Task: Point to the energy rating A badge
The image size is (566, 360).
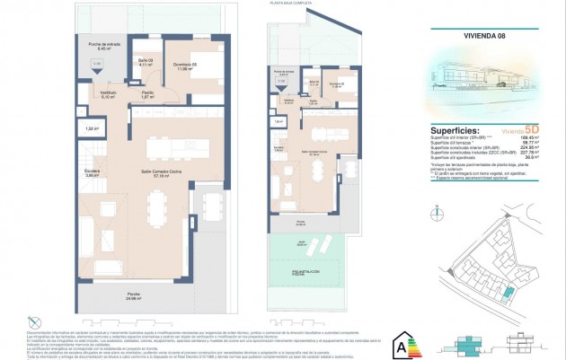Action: coord(400,343)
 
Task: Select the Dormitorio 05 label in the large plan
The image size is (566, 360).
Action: coord(184,66)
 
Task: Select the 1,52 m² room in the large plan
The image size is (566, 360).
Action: coord(92,129)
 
